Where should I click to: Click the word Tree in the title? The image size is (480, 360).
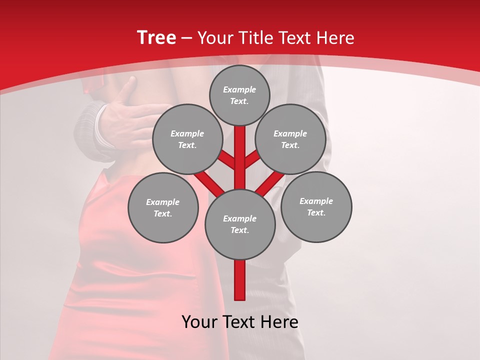click(x=156, y=37)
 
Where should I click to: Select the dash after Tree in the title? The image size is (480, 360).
click(x=186, y=38)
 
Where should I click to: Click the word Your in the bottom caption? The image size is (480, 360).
click(x=199, y=322)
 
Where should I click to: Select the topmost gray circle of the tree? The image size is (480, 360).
click(x=239, y=95)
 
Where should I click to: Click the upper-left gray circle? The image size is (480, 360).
click(x=187, y=139)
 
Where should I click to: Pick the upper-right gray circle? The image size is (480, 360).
click(x=290, y=139)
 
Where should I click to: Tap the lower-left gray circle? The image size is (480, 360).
click(x=163, y=207)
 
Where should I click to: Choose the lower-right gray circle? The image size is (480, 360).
click(x=316, y=206)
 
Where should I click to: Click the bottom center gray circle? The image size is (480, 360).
click(x=240, y=224)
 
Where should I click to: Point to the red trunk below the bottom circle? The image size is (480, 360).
click(x=240, y=280)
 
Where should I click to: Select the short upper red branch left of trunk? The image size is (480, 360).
click(x=227, y=159)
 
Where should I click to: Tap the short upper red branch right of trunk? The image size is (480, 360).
click(x=252, y=158)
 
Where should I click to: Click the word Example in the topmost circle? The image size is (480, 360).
click(x=239, y=89)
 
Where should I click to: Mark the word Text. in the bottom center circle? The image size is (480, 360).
click(x=239, y=230)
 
